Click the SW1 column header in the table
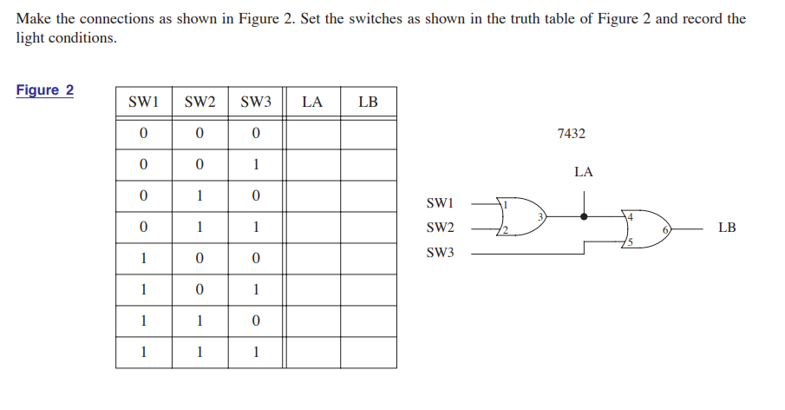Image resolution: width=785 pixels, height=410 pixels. click(x=143, y=102)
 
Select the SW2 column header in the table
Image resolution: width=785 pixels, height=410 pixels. click(x=200, y=102)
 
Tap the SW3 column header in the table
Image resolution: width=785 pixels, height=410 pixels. click(x=256, y=102)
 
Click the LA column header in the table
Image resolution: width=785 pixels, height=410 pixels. click(x=312, y=102)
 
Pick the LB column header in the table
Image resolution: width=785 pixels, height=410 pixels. click(x=368, y=102)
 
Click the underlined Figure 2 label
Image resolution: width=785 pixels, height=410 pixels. click(x=45, y=90)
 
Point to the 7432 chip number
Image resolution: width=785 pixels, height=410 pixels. click(x=571, y=134)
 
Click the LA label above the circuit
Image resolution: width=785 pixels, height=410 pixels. click(x=584, y=172)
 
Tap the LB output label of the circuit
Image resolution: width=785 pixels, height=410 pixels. click(x=727, y=228)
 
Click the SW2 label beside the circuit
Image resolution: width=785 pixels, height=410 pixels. click(x=441, y=228)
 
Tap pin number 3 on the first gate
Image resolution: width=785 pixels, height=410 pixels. click(x=540, y=215)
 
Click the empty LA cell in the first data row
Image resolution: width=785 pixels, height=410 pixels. click(x=312, y=133)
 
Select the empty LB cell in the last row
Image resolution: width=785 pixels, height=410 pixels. click(x=368, y=353)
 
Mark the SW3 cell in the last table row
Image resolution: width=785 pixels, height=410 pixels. click(x=256, y=353)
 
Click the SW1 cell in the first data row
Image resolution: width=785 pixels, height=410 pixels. click(x=143, y=133)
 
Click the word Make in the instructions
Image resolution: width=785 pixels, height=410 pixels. click(x=33, y=18)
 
